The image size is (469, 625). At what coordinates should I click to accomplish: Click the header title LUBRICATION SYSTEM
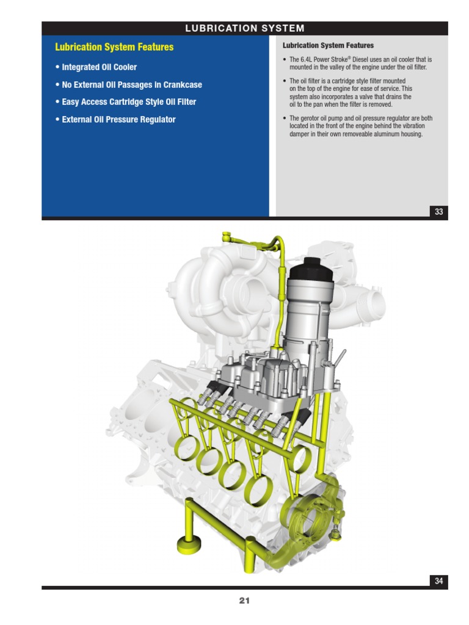[244, 28]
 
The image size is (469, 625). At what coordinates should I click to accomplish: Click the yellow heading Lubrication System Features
[114, 47]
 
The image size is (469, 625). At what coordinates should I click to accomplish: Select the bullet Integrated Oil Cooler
[96, 67]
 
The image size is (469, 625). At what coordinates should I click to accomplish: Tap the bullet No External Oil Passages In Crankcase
[129, 84]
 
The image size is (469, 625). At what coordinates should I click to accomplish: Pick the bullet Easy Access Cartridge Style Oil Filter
[126, 102]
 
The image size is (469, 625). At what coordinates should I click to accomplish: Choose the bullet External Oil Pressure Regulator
[115, 119]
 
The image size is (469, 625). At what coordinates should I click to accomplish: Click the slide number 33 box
[438, 211]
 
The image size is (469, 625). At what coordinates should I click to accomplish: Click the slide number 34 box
[438, 581]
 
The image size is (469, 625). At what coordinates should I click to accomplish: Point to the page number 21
[244, 601]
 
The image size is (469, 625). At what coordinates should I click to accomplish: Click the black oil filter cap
[311, 269]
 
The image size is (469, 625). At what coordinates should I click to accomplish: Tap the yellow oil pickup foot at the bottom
[189, 545]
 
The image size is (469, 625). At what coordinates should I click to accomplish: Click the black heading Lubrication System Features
[328, 45]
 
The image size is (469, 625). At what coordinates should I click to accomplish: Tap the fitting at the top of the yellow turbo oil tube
[228, 236]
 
